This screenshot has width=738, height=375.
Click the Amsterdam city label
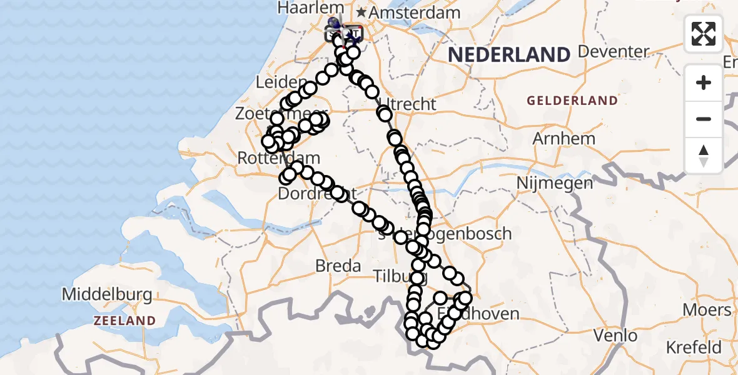pyautogui.click(x=415, y=12)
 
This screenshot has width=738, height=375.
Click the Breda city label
pyautogui.click(x=338, y=266)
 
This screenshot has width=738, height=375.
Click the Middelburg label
pyautogui.click(x=107, y=294)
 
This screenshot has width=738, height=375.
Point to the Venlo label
pyautogui.click(x=615, y=336)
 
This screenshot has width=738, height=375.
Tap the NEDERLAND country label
pyautogui.click(x=509, y=55)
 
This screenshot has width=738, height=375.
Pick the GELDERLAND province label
pyautogui.click(x=572, y=101)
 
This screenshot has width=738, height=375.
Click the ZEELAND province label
pyautogui.click(x=124, y=321)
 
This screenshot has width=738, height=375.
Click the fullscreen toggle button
pyautogui.click(x=704, y=33)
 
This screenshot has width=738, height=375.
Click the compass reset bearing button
pyautogui.click(x=704, y=156)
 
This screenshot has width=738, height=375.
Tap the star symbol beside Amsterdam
pyautogui.click(x=361, y=12)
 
